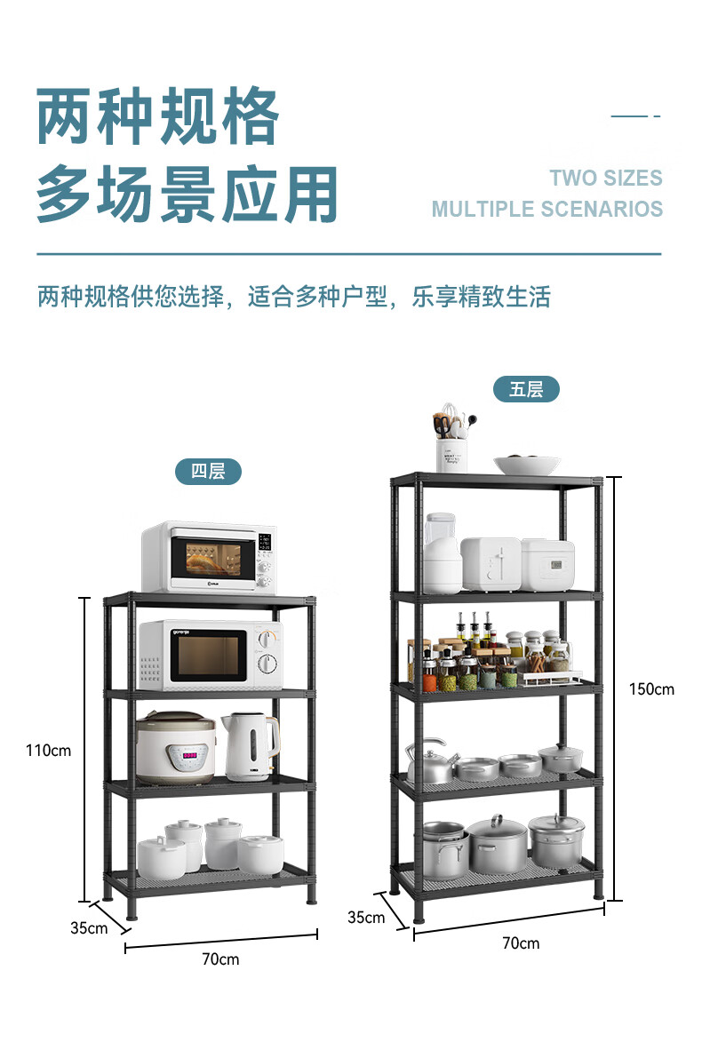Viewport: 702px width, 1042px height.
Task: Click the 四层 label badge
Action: click(x=208, y=471)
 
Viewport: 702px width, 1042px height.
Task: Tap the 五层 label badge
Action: click(x=526, y=389)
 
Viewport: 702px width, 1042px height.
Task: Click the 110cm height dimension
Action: click(x=48, y=751)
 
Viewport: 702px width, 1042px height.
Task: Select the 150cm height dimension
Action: click(x=651, y=688)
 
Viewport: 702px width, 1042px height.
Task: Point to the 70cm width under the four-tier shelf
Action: click(x=220, y=959)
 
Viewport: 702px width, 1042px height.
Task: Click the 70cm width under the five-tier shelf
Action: click(x=521, y=943)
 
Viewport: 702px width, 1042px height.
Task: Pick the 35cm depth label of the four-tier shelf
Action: click(x=89, y=928)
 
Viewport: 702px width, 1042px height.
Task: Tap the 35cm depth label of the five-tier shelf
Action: click(x=366, y=917)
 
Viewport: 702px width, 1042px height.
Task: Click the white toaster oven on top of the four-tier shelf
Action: click(x=209, y=557)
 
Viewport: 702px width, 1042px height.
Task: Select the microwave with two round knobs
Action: click(x=210, y=654)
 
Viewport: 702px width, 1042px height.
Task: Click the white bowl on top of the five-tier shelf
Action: click(x=527, y=465)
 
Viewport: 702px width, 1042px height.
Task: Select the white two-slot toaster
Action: click(x=491, y=563)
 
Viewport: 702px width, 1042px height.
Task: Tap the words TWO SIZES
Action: click(x=605, y=178)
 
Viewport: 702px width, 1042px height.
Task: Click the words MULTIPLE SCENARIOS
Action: click(x=546, y=210)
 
